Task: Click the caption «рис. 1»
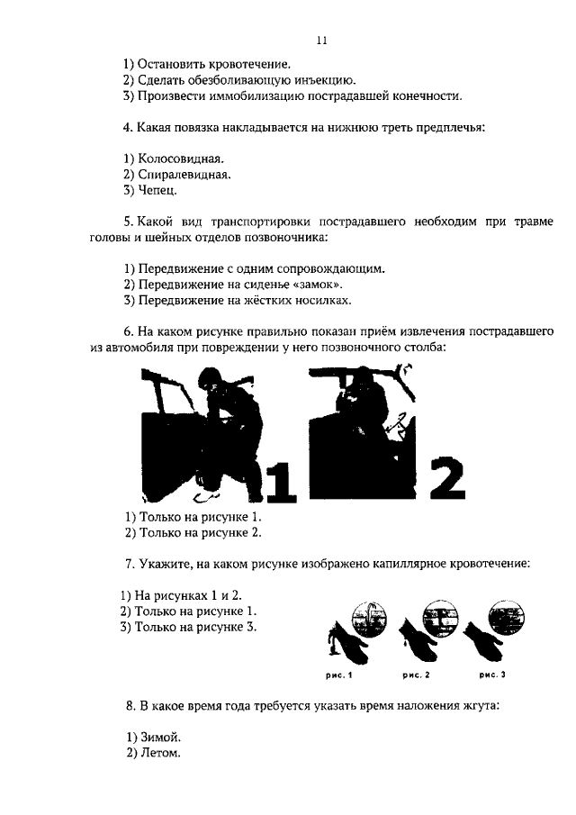(339, 674)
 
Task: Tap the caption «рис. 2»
(416, 674)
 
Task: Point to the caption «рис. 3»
(492, 674)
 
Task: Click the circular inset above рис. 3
(503, 619)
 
